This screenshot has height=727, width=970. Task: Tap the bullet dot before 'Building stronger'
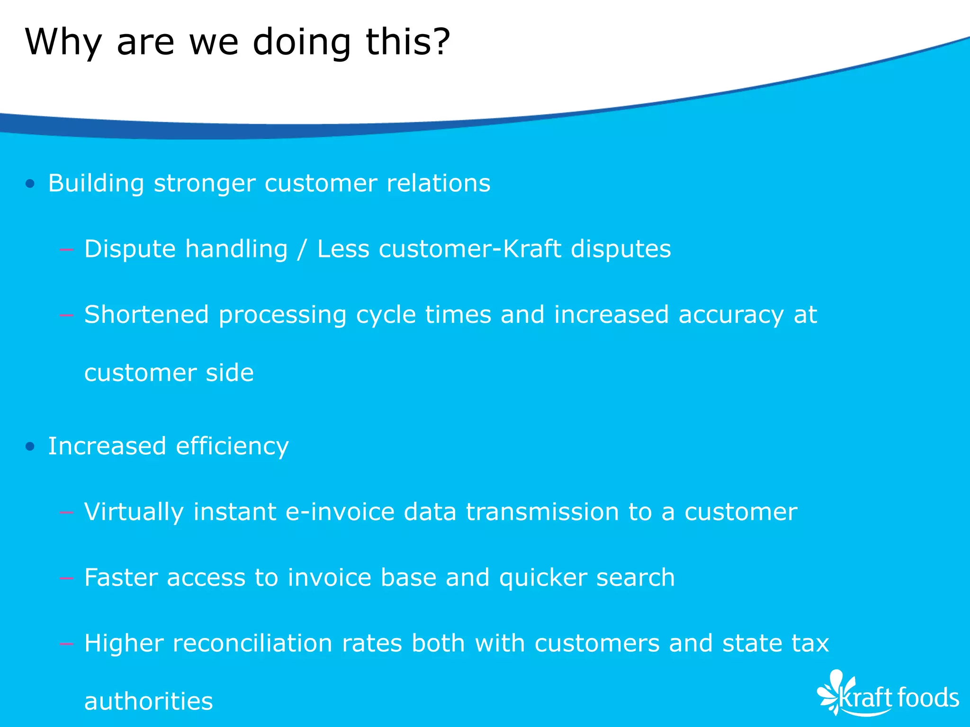click(x=30, y=184)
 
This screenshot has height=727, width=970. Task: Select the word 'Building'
click(x=96, y=184)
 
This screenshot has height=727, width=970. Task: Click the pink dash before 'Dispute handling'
click(x=67, y=249)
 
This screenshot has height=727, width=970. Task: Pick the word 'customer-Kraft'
click(x=469, y=249)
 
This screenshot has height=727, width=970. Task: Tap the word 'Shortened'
click(x=146, y=315)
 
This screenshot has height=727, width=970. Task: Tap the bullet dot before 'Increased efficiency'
click(x=30, y=446)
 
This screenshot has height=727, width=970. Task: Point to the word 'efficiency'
click(x=232, y=447)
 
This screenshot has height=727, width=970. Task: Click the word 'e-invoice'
click(x=340, y=512)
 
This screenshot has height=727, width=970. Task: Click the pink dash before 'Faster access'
click(x=67, y=578)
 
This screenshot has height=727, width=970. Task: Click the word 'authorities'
click(x=148, y=701)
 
